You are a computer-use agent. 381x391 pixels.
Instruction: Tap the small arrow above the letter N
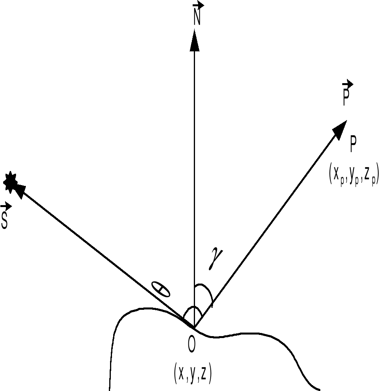coord(198,5)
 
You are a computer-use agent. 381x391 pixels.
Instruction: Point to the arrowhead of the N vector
coord(195,40)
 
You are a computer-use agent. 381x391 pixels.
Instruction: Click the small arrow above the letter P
coord(348,84)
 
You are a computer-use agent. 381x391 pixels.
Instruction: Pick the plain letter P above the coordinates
coord(353,144)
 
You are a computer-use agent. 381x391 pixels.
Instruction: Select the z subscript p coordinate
coord(369,175)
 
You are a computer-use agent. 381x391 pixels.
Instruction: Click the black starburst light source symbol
coord(10,182)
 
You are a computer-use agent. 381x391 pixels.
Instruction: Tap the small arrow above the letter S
coord(6,206)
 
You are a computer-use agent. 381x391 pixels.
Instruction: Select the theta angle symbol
coord(161,289)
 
